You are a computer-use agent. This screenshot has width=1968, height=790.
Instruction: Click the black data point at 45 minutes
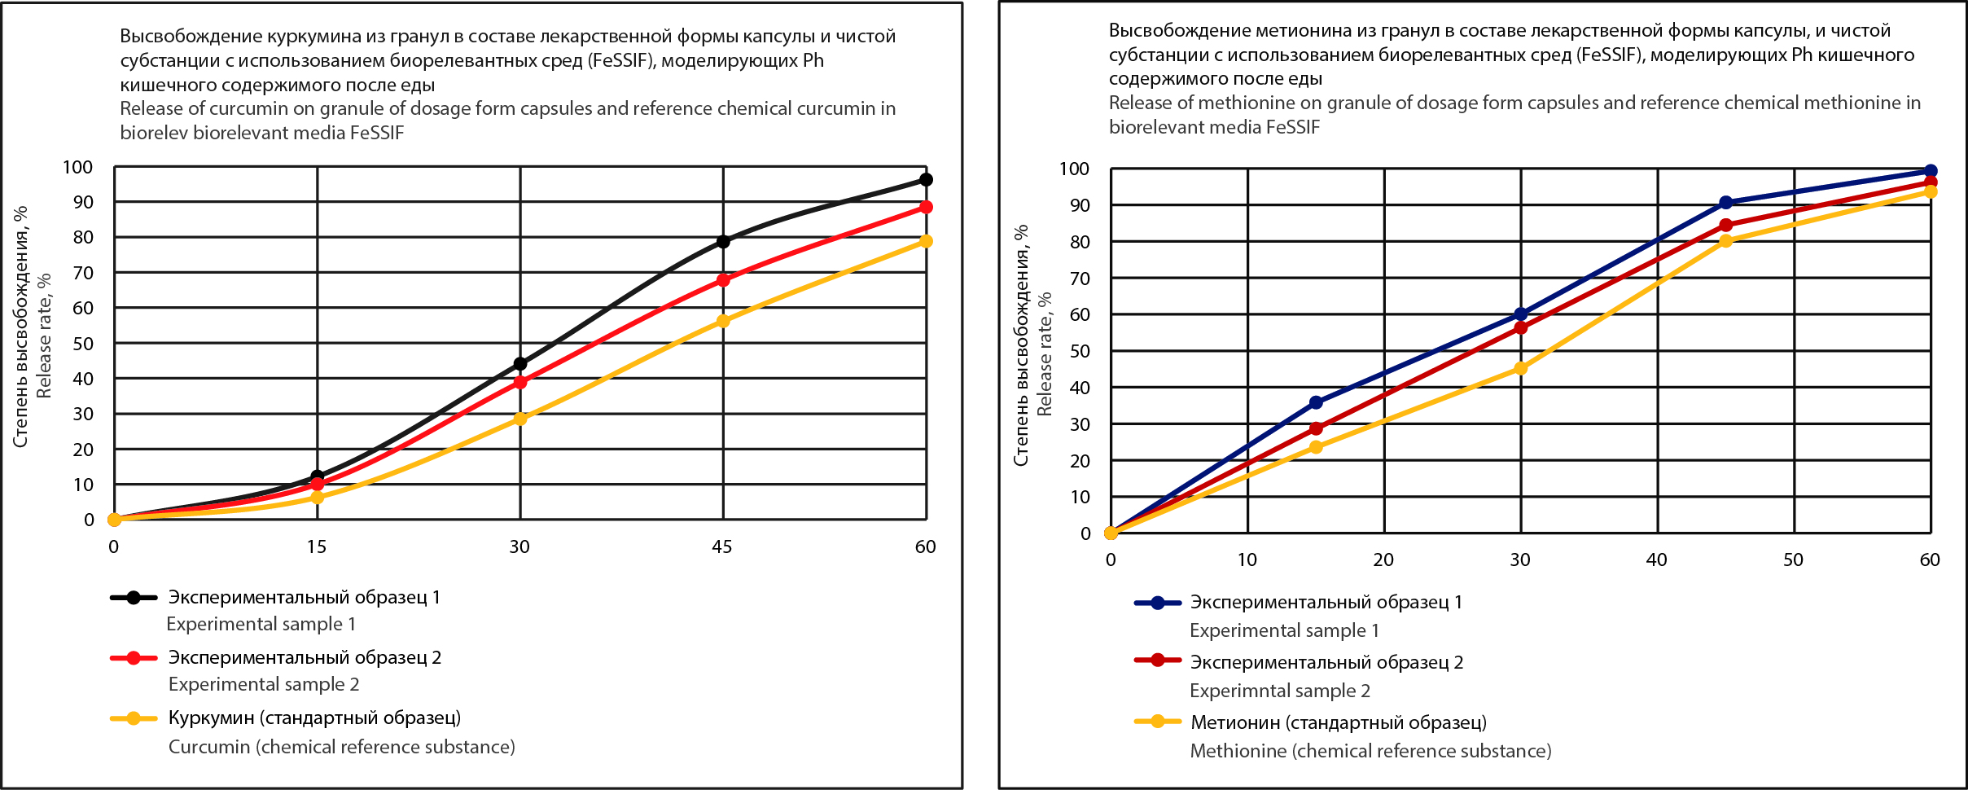(x=723, y=242)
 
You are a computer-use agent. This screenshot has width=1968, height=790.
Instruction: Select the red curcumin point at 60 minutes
(x=926, y=208)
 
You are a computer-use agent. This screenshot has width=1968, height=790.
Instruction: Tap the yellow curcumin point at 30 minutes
(x=520, y=419)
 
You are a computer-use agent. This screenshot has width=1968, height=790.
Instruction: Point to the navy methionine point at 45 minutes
(x=1725, y=203)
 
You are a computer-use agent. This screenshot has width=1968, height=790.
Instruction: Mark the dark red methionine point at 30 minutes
(x=1520, y=328)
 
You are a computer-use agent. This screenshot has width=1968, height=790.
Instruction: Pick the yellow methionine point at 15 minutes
(x=1316, y=447)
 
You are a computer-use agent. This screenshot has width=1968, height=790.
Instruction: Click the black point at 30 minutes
(x=520, y=364)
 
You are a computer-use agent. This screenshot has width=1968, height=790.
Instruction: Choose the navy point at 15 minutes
(x=1316, y=402)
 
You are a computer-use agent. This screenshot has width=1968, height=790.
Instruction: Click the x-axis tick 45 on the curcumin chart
(x=722, y=546)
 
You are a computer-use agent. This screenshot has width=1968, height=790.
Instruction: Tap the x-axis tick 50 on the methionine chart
(x=1793, y=560)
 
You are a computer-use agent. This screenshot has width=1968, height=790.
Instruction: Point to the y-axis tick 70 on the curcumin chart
(x=83, y=273)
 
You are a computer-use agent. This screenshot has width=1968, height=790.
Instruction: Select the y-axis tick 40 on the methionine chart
(x=1080, y=388)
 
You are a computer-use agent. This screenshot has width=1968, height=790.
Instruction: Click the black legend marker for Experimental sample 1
(x=134, y=598)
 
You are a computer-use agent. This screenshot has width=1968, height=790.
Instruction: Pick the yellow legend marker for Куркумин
(x=134, y=718)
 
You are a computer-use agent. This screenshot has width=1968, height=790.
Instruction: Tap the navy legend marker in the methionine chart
(x=1157, y=603)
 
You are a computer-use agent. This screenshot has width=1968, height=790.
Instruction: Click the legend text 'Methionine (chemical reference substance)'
(x=1370, y=751)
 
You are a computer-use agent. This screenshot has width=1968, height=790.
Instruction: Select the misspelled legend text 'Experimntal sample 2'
(x=1280, y=691)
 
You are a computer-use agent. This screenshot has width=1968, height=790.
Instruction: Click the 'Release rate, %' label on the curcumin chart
(x=44, y=336)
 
